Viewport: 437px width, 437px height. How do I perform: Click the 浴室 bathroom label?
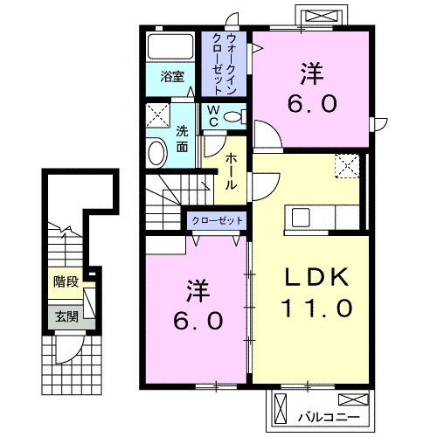point(171,76)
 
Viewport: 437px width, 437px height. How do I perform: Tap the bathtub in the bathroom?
point(171,47)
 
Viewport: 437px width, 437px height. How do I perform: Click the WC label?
point(212,117)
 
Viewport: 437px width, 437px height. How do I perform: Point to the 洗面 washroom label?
point(183,140)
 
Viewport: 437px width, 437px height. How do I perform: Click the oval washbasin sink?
point(156,153)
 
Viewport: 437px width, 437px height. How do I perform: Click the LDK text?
point(317,277)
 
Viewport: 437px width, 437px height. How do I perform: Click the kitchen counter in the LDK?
point(319,216)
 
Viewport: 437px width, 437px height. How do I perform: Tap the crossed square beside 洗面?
point(158,115)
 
